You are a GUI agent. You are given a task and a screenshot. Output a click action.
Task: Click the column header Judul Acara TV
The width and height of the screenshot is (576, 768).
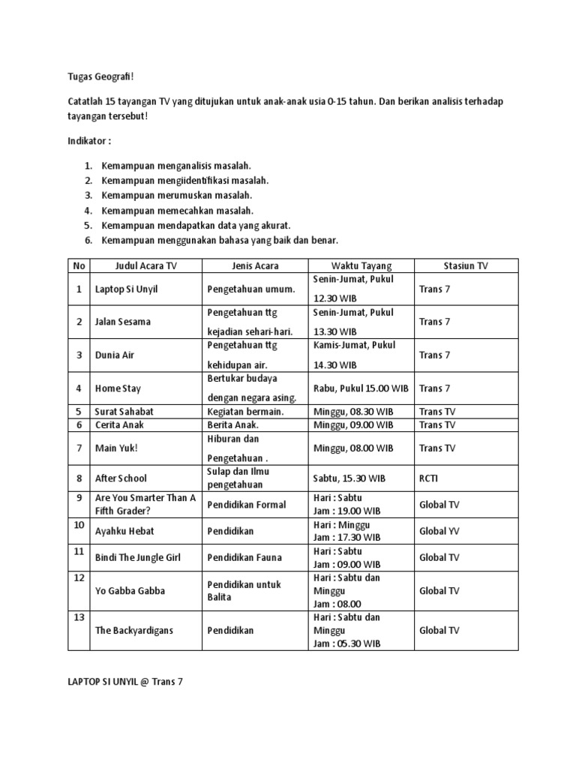click(x=145, y=265)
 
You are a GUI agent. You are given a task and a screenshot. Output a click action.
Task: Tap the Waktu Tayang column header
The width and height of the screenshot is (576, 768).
click(x=361, y=265)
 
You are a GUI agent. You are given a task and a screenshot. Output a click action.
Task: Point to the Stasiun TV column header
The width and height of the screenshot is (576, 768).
click(x=466, y=265)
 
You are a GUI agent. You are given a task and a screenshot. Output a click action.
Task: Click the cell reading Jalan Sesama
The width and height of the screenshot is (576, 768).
click(x=123, y=322)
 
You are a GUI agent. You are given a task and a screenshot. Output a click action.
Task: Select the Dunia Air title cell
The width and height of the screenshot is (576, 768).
click(x=115, y=355)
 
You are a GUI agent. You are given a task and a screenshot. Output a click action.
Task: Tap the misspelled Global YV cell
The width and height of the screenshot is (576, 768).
click(x=439, y=531)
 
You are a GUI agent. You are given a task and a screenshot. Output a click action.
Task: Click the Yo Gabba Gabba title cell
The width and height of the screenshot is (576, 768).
click(x=129, y=590)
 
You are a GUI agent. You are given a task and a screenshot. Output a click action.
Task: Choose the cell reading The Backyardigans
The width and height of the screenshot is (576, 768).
click(x=134, y=631)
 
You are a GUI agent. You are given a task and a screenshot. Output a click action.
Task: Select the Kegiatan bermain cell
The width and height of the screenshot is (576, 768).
click(x=245, y=411)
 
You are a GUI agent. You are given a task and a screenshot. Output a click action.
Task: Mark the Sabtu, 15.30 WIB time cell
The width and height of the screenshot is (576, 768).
click(x=349, y=478)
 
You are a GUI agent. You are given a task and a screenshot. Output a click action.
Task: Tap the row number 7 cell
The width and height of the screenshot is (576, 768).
click(x=78, y=448)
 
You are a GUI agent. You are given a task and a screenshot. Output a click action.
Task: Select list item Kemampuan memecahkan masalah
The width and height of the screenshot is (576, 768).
click(x=177, y=210)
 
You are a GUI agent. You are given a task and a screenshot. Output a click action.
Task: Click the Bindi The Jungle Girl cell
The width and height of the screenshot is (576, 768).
click(x=138, y=557)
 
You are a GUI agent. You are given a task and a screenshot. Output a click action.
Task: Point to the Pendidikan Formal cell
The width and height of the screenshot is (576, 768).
click(x=247, y=504)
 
